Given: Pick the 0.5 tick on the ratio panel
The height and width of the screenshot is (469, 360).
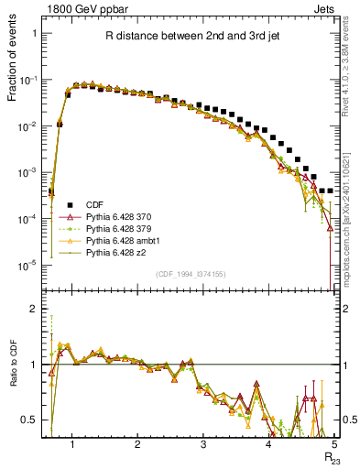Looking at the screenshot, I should coord(33,420).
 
